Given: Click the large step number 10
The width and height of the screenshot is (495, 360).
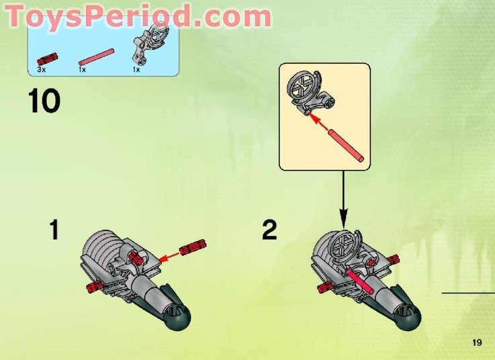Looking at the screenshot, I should point(44,101).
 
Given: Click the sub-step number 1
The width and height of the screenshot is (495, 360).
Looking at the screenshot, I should point(54,230).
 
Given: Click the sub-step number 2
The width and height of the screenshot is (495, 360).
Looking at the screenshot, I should point(269,230).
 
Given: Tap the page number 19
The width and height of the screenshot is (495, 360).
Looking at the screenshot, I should point(477,343).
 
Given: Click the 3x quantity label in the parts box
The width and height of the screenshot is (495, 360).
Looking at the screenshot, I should point(42,69).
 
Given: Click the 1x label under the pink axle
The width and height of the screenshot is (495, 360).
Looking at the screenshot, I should point(82,69).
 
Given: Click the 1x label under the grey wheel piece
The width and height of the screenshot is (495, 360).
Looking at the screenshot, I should point(136,69).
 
